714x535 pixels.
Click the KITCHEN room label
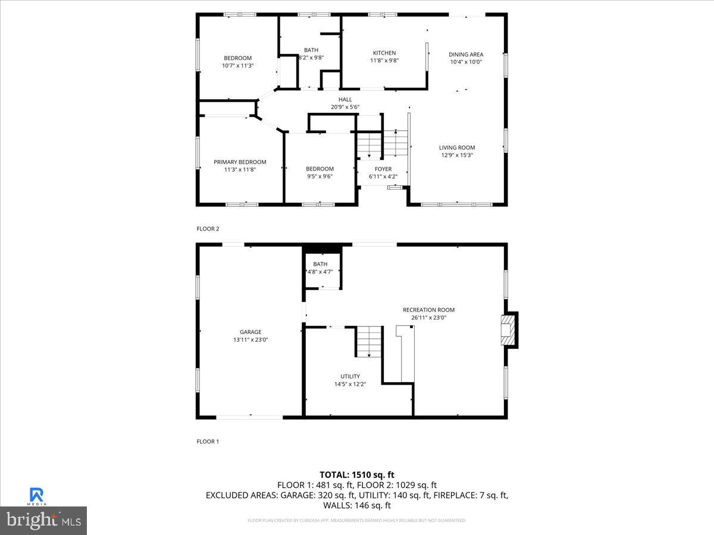[384, 53]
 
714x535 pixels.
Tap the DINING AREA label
[466, 54]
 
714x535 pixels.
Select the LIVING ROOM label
[457, 147]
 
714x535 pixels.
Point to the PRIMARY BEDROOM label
[240, 162]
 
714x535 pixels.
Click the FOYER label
[383, 169]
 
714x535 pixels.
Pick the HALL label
[345, 99]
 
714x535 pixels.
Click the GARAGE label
[250, 332]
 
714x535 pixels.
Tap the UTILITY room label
[350, 376]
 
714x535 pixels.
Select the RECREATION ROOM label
[428, 310]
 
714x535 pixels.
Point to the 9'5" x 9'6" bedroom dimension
[320, 176]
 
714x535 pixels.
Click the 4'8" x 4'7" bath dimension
[320, 272]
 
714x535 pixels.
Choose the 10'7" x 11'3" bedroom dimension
[237, 65]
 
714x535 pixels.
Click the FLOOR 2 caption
[208, 228]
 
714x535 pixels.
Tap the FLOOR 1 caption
[208, 442]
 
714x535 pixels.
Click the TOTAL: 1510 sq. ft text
[357, 474]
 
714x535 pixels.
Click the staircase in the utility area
[369, 341]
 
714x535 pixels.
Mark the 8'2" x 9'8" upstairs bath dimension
[311, 58]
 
